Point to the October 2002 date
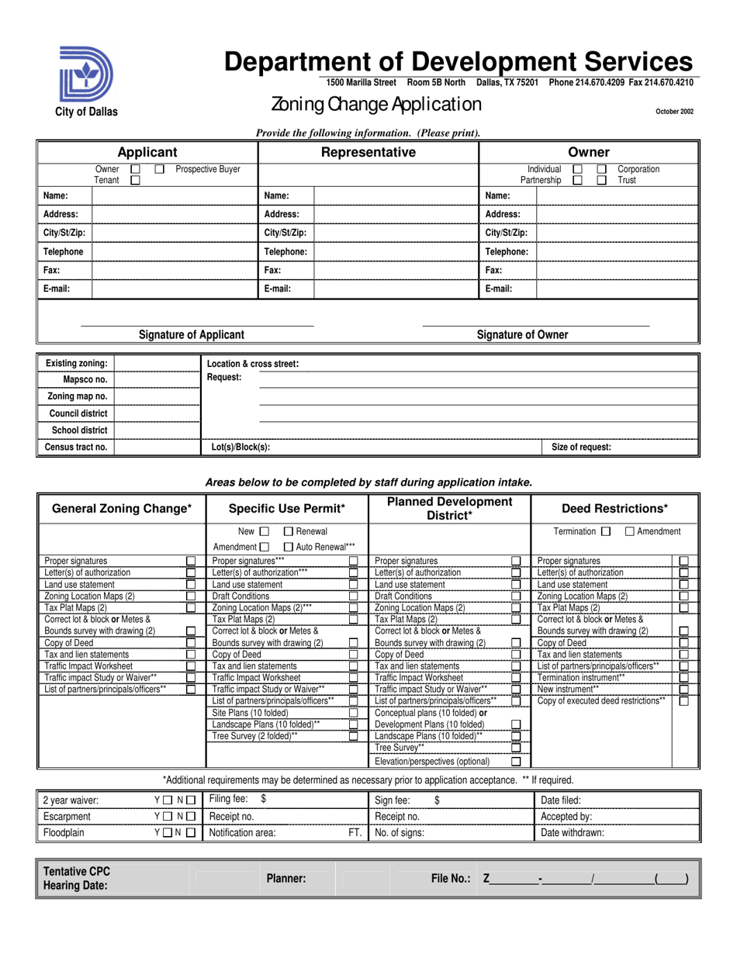(674, 112)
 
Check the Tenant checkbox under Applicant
(135, 181)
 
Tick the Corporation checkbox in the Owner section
(601, 169)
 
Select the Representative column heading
(368, 153)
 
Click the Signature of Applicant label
(191, 335)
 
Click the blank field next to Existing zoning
(157, 364)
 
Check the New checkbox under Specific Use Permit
(264, 531)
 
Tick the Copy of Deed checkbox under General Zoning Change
(191, 644)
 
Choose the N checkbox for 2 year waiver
(190, 800)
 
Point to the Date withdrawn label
(573, 833)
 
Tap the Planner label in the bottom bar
(285, 879)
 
